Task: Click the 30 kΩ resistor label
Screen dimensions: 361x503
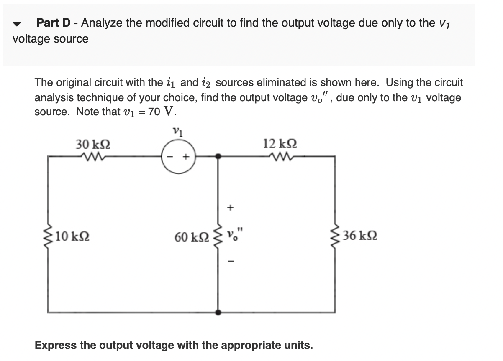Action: coord(93,145)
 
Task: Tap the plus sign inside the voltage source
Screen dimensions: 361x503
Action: coord(187,157)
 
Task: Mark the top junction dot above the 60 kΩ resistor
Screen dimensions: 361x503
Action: coord(218,156)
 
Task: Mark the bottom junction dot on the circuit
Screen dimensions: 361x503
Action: coord(218,312)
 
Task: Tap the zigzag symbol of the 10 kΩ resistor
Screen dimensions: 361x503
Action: coord(49,236)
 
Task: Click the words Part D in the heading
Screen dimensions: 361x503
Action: coord(55,23)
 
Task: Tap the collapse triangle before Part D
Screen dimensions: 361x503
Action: coord(17,24)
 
